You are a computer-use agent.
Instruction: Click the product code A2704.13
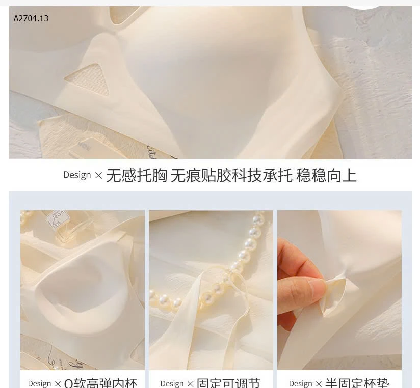[31, 19]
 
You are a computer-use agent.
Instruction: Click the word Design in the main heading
[77, 175]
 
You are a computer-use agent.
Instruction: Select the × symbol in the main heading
[98, 175]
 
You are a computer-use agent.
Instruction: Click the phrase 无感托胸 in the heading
[137, 175]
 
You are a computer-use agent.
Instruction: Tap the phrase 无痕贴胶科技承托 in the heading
[231, 175]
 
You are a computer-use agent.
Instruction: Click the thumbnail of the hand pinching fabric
[339, 290]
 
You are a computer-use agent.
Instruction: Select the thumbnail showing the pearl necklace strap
[211, 290]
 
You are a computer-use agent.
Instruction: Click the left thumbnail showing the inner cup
[83, 290]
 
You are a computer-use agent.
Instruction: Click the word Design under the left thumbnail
[39, 383]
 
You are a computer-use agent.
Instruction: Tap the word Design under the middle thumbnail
[172, 383]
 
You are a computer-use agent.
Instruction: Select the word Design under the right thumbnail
[301, 383]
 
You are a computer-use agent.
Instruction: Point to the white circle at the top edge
[363, 4]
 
